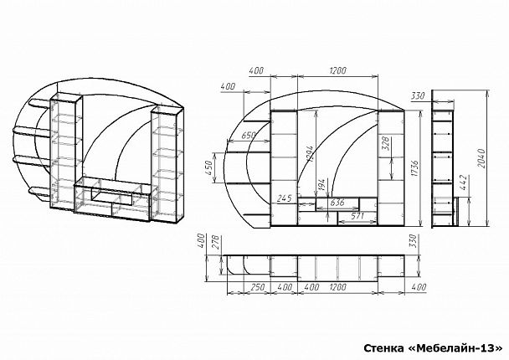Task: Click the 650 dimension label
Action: (x=249, y=135)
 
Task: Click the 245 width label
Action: (x=285, y=198)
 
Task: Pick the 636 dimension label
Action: (x=337, y=203)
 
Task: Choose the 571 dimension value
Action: (x=357, y=216)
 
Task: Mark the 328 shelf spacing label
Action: (x=386, y=143)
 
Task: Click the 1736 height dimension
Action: (x=414, y=168)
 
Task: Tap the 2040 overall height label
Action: (x=481, y=158)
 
